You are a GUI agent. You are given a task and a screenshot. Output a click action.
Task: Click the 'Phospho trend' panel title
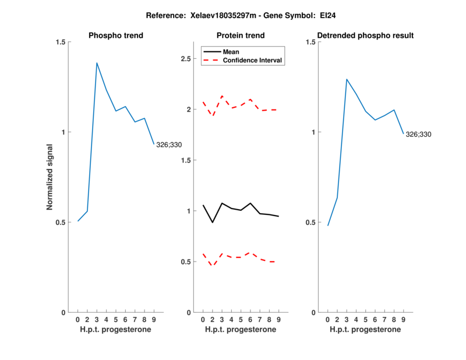coord(116,36)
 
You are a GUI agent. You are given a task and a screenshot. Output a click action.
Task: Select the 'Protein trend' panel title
coord(241,36)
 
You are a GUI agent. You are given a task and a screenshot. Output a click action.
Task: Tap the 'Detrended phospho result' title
coord(365,36)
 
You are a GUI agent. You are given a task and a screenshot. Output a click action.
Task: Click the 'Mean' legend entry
coord(231,52)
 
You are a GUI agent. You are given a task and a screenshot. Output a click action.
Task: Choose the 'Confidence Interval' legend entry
coord(253,60)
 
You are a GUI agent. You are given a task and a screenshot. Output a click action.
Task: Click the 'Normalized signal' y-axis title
coord(51,177)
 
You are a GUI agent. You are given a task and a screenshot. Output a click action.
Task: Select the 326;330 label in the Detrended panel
coord(418,135)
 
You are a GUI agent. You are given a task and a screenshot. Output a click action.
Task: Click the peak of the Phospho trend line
coord(97,63)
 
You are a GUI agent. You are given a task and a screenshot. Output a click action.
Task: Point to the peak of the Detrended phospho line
coord(347,79)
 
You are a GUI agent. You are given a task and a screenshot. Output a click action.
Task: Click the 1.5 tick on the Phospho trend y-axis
coord(61,42)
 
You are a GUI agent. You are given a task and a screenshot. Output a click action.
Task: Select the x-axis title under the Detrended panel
coord(365,330)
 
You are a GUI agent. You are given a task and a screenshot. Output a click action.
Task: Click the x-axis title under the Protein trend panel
coord(241,330)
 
